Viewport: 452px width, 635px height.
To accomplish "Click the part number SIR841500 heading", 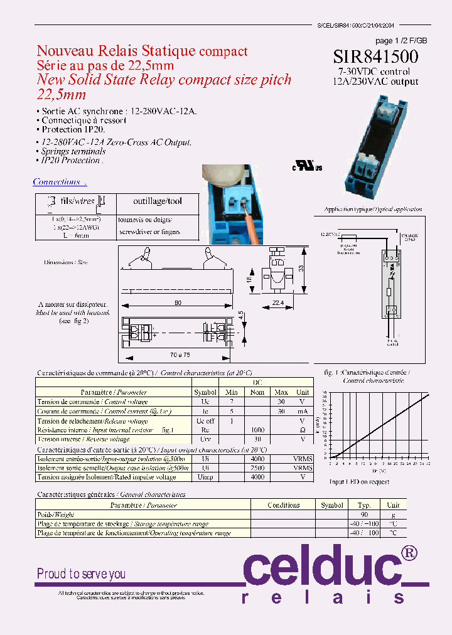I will click(x=376, y=56).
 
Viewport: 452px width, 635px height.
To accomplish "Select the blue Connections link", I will click(x=58, y=182).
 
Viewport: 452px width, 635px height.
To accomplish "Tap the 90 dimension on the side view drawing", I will click(x=178, y=303).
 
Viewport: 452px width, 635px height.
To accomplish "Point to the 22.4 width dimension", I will click(x=277, y=303).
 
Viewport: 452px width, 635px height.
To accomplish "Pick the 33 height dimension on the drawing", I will click(x=302, y=269).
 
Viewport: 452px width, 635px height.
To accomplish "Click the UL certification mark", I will click(x=307, y=168).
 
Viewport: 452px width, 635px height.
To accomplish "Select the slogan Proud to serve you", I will click(x=81, y=574).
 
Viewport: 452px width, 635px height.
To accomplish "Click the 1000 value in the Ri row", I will click(x=258, y=430).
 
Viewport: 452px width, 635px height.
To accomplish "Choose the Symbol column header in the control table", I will click(x=205, y=392).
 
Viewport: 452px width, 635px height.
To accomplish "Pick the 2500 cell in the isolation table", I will click(x=258, y=467).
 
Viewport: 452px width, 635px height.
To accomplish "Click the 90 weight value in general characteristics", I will click(x=364, y=514).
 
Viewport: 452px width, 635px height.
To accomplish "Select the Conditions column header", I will click(x=283, y=504).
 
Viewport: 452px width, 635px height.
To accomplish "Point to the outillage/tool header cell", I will click(x=158, y=201).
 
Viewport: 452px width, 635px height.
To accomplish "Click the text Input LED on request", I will click(x=359, y=482).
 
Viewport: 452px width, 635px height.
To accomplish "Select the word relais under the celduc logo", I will click(x=323, y=597).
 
